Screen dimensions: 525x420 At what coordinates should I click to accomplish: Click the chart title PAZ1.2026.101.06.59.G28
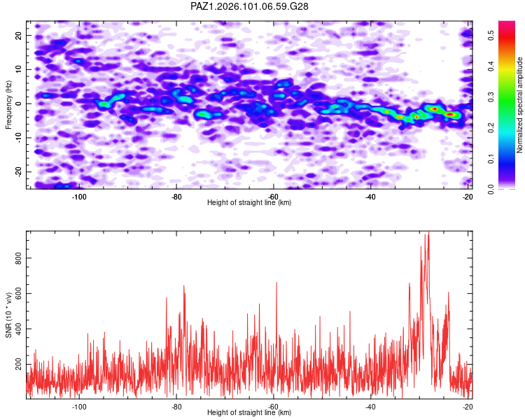pyautogui.click(x=249, y=6)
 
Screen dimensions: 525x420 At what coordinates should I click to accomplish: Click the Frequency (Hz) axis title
pyautogui.click(x=8, y=105)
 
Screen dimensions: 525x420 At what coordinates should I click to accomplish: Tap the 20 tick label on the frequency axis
pyautogui.click(x=18, y=35)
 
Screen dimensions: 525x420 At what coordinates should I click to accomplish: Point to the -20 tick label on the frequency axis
pyautogui.click(x=18, y=171)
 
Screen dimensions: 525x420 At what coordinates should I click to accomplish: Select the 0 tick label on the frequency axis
pyautogui.click(x=18, y=104)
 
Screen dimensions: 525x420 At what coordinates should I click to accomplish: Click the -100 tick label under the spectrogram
pyautogui.click(x=79, y=197)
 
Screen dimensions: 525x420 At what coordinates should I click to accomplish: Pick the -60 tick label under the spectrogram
pyautogui.click(x=273, y=197)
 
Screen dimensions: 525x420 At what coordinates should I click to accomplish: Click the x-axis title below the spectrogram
pyautogui.click(x=249, y=202)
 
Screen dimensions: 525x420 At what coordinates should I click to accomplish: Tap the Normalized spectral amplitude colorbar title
pyautogui.click(x=519, y=105)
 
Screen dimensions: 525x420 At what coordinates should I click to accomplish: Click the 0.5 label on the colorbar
pyautogui.click(x=491, y=35)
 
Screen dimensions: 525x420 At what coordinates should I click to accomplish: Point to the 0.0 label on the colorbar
pyautogui.click(x=491, y=189)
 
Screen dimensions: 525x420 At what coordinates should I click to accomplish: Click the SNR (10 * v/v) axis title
pyautogui.click(x=8, y=315)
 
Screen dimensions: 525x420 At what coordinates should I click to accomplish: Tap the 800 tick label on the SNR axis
pyautogui.click(x=18, y=258)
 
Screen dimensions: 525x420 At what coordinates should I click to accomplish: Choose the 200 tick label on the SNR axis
pyautogui.click(x=18, y=364)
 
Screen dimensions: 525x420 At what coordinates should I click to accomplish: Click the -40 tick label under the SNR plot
pyautogui.click(x=370, y=407)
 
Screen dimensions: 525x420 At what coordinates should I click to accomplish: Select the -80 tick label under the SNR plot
pyautogui.click(x=176, y=407)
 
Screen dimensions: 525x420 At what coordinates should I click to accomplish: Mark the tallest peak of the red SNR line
pyautogui.click(x=428, y=232)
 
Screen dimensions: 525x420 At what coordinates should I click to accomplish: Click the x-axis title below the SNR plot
pyautogui.click(x=249, y=412)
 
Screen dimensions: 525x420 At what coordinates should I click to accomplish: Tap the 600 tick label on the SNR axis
pyautogui.click(x=18, y=293)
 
